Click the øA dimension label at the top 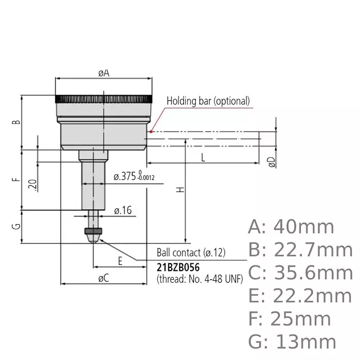point(104,73)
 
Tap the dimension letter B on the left point(16,122)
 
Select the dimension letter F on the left point(16,180)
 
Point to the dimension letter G point(16,226)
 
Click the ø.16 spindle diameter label point(123,210)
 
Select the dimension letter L point(203,158)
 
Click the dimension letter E point(119,261)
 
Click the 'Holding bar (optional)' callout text point(208,101)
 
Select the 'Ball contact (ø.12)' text point(191,254)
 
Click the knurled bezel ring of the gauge point(104,98)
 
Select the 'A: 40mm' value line point(291,226)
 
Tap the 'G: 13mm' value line point(292,341)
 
